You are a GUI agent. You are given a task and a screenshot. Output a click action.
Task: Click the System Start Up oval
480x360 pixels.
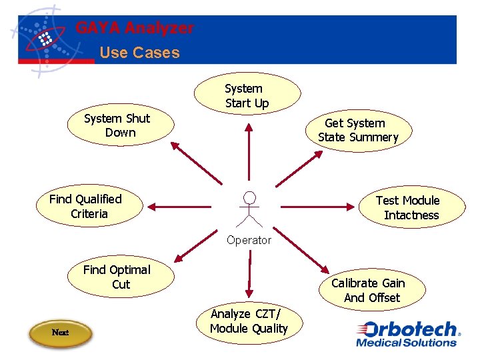point(247,96)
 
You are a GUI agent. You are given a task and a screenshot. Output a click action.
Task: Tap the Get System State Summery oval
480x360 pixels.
point(358,131)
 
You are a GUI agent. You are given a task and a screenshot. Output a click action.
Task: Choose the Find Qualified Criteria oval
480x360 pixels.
point(88,207)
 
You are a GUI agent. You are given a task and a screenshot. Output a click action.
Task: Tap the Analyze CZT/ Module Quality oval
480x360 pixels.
point(248,321)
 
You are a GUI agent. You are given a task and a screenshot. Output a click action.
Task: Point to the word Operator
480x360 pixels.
point(249,240)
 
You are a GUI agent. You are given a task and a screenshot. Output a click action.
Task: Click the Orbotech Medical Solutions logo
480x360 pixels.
point(407,334)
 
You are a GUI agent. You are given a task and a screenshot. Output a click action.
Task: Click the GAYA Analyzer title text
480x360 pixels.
point(135,29)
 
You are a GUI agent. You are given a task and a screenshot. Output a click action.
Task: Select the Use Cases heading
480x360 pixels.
point(139,53)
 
